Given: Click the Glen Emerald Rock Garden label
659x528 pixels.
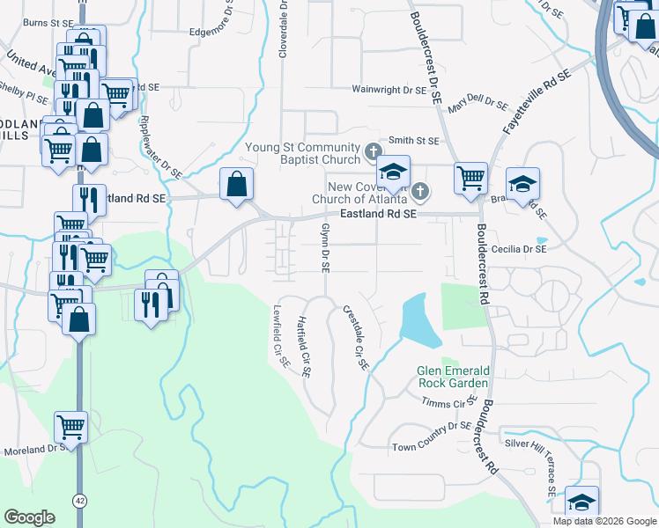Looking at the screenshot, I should click(453, 377).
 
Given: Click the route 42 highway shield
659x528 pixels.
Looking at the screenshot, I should click(80, 501).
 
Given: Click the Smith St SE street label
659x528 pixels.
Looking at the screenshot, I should click(413, 140).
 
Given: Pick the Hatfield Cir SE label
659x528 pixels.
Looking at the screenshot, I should click(303, 348).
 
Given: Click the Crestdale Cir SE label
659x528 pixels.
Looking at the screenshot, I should click(354, 339).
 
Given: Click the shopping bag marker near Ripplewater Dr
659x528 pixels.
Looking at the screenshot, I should click(236, 185).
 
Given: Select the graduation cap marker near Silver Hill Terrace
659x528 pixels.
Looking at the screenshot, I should click(581, 502).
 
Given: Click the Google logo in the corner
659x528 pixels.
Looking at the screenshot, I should click(30, 517).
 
